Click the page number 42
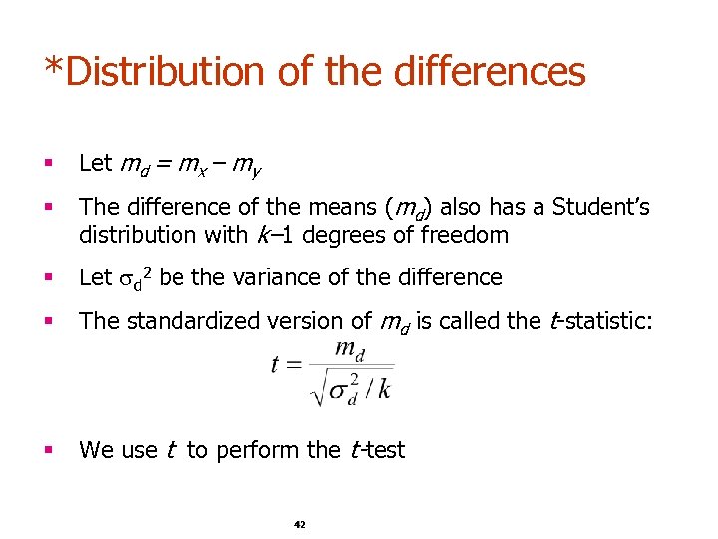coord(300,524)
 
